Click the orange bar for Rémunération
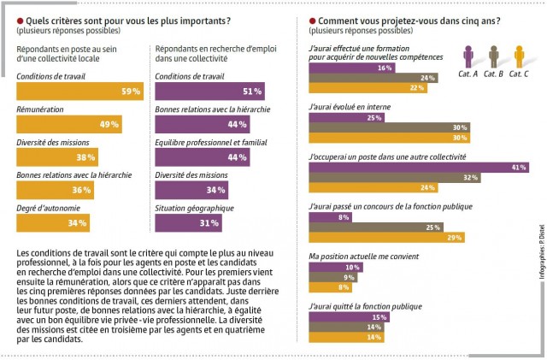click(x=69, y=125)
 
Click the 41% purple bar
click(x=419, y=168)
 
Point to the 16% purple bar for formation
click(x=351, y=68)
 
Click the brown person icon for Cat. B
click(x=494, y=57)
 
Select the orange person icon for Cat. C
click(x=520, y=57)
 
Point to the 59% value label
click(x=131, y=91)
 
